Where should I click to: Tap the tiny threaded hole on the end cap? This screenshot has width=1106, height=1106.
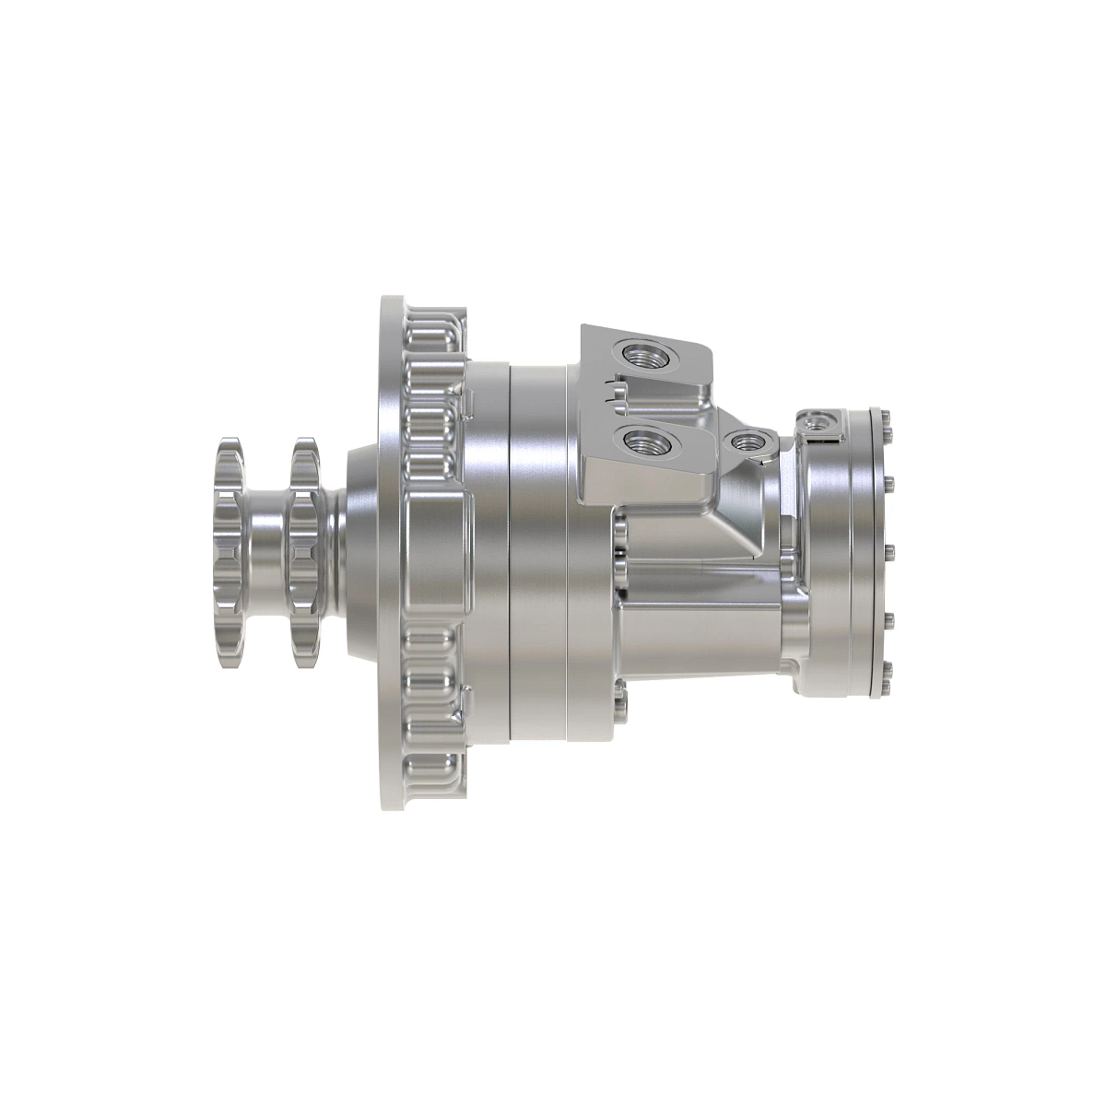[816, 422]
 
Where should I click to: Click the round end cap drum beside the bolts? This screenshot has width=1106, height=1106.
[834, 553]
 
